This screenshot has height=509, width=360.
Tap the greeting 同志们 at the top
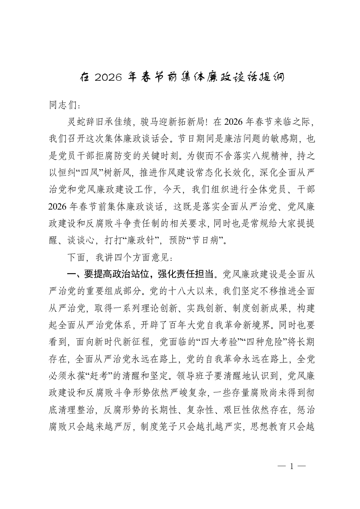(64, 104)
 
